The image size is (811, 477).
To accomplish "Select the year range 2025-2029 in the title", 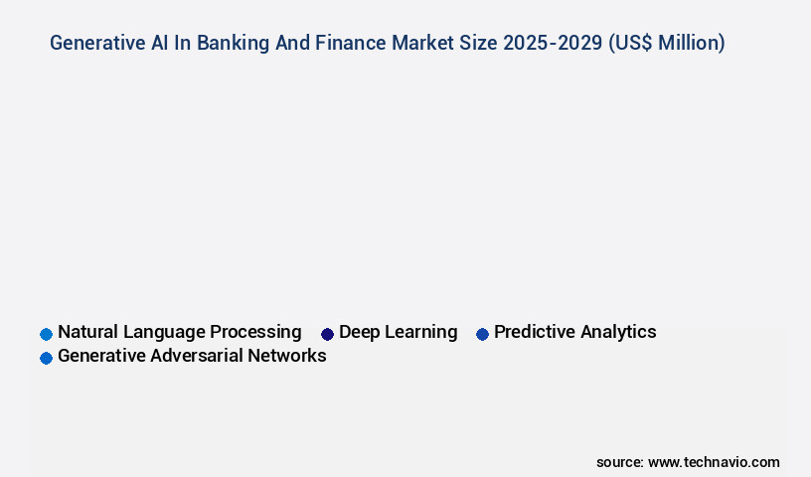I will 553,43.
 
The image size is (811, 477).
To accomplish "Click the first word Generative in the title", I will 96,43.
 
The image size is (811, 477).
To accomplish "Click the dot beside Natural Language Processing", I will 46,334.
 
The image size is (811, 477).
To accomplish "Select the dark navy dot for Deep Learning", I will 327,334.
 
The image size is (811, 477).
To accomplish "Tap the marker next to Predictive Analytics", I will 482,334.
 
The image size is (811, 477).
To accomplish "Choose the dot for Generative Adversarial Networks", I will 46,358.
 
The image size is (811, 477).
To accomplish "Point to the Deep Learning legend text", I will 398,332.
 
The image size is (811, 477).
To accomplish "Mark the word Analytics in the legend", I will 619,332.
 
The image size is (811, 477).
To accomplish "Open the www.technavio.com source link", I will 714,462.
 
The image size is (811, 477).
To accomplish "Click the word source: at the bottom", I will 619,462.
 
